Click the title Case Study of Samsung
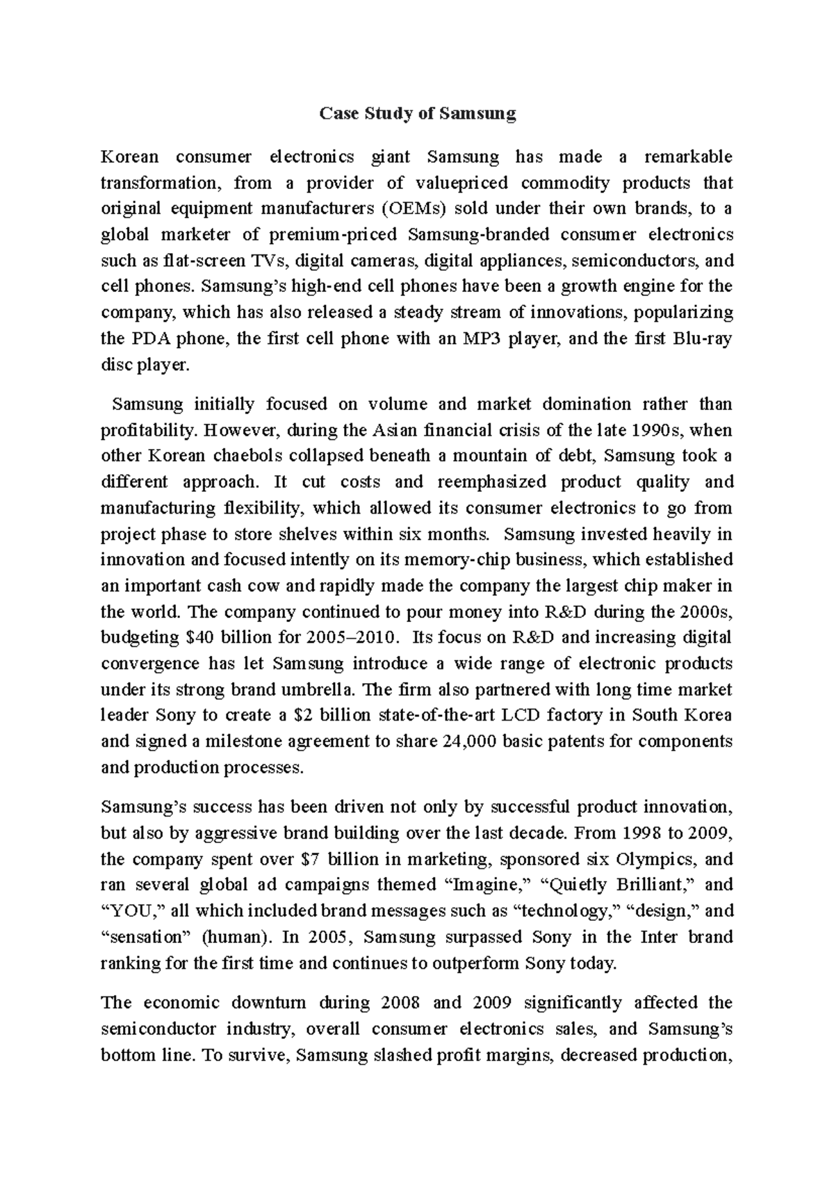(417, 114)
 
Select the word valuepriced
(463, 183)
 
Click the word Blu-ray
(703, 339)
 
